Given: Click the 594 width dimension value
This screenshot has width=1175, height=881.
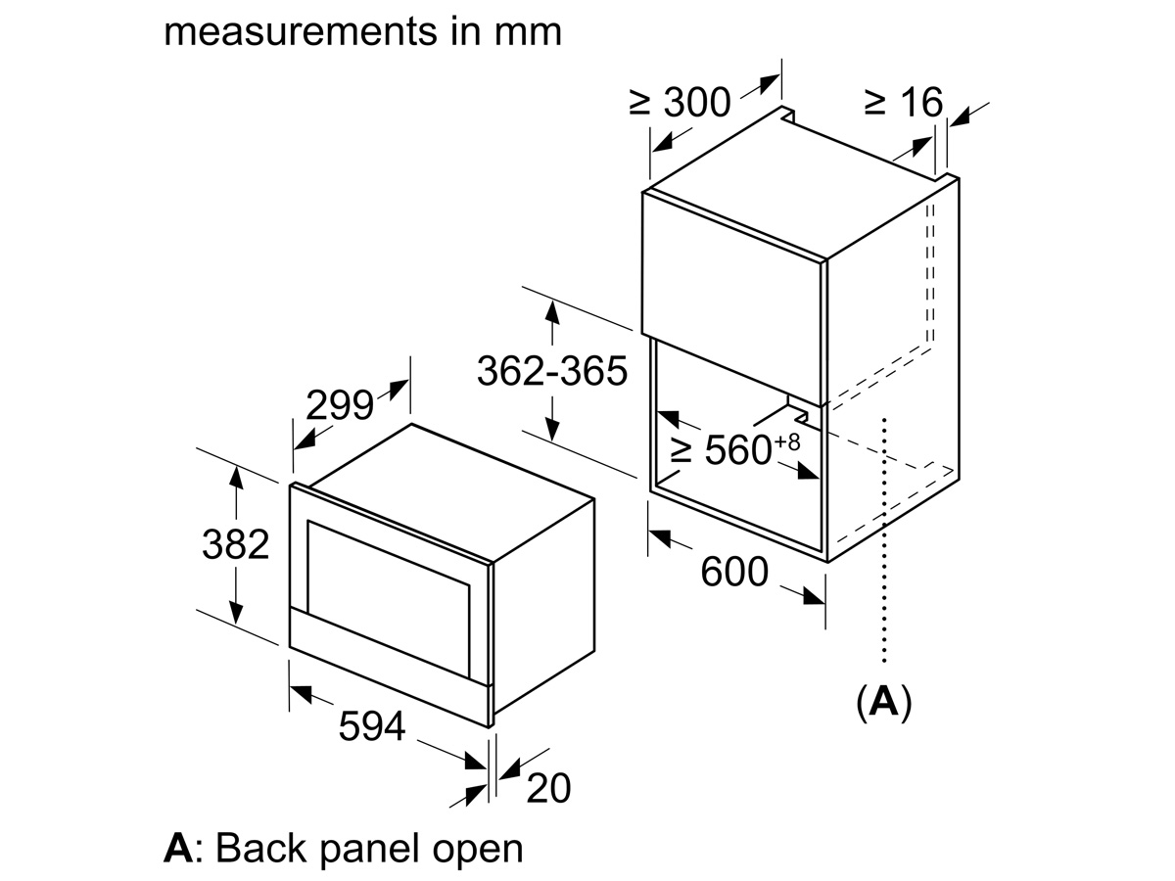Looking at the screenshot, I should click(371, 726).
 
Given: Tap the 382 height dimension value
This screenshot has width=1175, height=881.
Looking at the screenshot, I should click(235, 544).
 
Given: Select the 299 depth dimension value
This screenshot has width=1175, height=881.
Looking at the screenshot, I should click(339, 404).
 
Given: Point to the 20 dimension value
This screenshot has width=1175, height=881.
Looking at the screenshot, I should click(547, 787).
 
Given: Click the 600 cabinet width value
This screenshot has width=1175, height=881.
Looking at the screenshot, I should click(734, 572).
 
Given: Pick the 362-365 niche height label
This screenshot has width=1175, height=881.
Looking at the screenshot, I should click(551, 371).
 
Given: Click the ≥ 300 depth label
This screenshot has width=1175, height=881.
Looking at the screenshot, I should click(680, 101).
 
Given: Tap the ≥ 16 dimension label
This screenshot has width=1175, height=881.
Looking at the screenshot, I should click(903, 101).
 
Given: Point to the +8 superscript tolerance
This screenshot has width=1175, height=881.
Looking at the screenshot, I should click(787, 441).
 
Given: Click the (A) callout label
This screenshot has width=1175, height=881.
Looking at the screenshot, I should click(883, 702).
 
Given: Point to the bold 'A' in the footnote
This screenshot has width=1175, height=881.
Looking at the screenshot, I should click(177, 848).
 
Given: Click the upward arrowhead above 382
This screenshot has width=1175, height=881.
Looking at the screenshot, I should click(235, 476).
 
